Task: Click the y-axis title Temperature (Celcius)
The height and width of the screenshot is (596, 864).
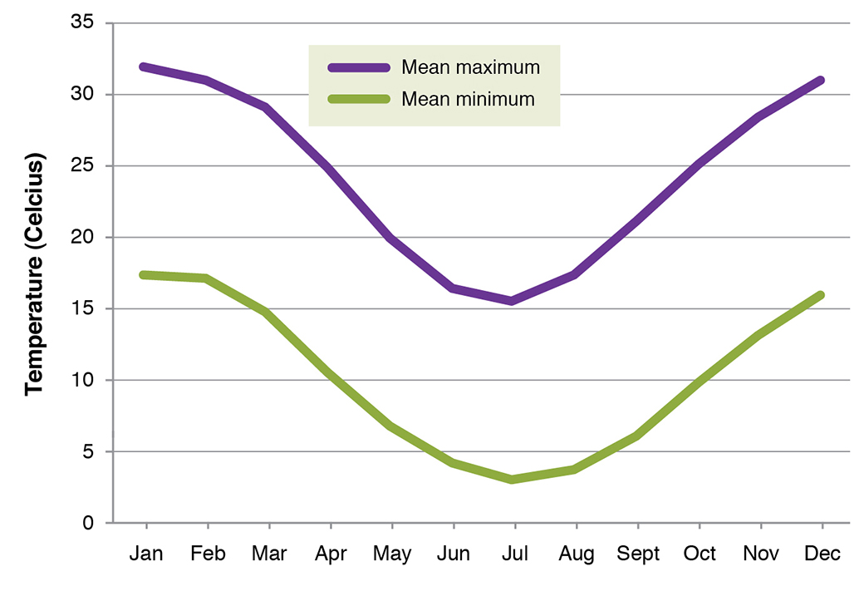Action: click(x=34, y=273)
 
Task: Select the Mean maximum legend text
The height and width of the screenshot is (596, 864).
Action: click(x=470, y=67)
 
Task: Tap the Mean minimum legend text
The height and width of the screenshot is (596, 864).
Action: click(x=468, y=99)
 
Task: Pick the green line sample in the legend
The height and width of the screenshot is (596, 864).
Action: click(x=358, y=99)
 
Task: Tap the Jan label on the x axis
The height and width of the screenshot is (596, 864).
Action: click(x=146, y=554)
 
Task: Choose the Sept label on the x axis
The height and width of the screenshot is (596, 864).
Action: click(x=637, y=554)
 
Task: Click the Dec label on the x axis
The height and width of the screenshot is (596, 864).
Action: click(x=822, y=554)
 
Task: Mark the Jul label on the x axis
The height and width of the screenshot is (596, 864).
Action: click(x=514, y=554)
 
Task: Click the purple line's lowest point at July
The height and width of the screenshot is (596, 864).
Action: click(x=513, y=301)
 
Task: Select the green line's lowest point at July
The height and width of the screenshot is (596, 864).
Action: click(x=513, y=480)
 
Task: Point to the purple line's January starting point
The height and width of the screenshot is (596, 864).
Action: click(x=145, y=66)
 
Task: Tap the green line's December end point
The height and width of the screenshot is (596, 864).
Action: click(x=820, y=295)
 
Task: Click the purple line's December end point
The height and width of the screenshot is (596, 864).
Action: click(x=820, y=81)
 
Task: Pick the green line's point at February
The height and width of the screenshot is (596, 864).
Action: click(x=206, y=278)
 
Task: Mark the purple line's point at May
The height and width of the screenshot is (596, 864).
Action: click(x=390, y=239)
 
